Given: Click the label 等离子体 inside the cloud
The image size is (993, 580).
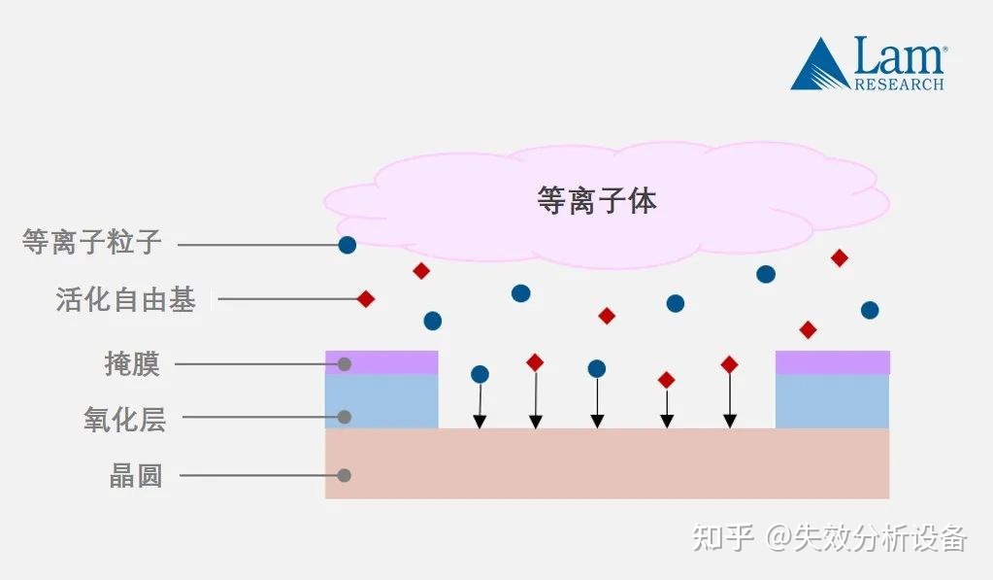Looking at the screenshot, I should pyautogui.click(x=596, y=200).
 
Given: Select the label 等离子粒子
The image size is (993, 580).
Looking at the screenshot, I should pyautogui.click(x=91, y=242).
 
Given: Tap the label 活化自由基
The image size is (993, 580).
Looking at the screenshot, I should pyautogui.click(x=126, y=299).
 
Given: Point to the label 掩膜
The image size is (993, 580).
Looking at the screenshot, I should pyautogui.click(x=132, y=364).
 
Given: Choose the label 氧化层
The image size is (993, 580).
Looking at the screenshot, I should pyautogui.click(x=124, y=420).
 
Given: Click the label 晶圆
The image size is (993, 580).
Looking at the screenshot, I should pyautogui.click(x=136, y=476).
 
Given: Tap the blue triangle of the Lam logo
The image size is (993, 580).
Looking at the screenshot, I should pyautogui.click(x=819, y=68).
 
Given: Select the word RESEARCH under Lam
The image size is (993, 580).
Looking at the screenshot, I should pyautogui.click(x=899, y=85).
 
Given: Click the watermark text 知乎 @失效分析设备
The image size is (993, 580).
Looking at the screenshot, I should pyautogui.click(x=830, y=537).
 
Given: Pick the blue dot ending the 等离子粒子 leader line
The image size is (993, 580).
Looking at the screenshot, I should pyautogui.click(x=347, y=245).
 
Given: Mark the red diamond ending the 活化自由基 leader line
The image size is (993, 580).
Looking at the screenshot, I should pyautogui.click(x=366, y=299).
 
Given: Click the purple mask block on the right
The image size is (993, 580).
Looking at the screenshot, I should pyautogui.click(x=832, y=362).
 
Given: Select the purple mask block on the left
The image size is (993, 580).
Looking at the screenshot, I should pyautogui.click(x=381, y=362).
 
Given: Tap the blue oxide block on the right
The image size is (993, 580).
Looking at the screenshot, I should pyautogui.click(x=832, y=400).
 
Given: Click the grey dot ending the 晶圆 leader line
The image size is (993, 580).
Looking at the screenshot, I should pyautogui.click(x=344, y=476).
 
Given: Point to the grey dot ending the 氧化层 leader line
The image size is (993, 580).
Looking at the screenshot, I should pyautogui.click(x=344, y=418).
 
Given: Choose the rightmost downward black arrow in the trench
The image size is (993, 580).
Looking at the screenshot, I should pyautogui.click(x=730, y=398).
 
